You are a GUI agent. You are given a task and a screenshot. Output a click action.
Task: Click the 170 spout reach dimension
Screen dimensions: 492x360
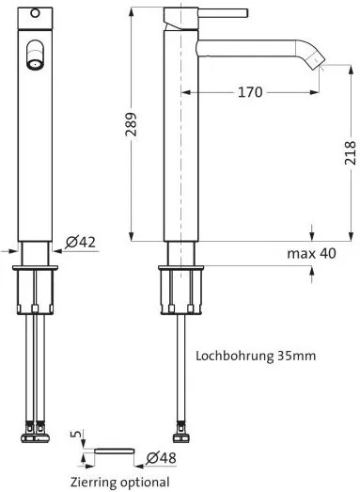[x=249, y=92]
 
